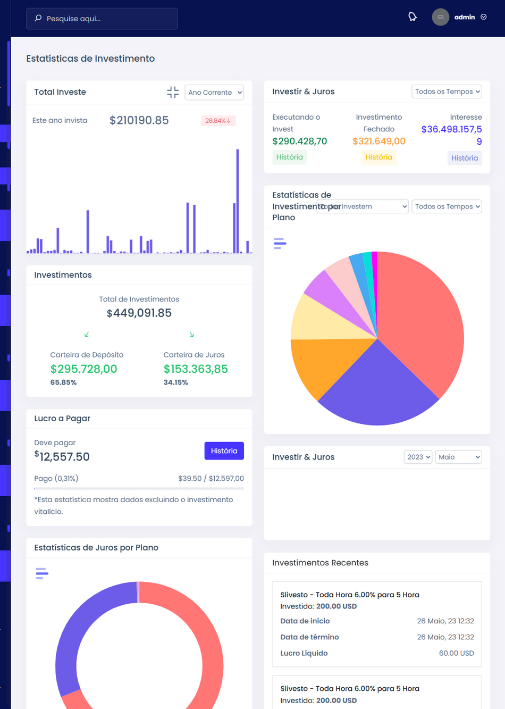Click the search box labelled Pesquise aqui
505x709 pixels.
pyautogui.click(x=102, y=19)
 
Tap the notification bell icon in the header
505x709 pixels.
pyautogui.click(x=413, y=17)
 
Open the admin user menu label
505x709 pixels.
pyautogui.click(x=465, y=17)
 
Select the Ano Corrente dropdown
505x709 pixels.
pyautogui.click(x=214, y=93)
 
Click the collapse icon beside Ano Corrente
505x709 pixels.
pyautogui.click(x=173, y=93)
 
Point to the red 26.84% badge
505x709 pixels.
pyautogui.click(x=218, y=121)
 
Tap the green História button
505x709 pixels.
pyautogui.click(x=289, y=157)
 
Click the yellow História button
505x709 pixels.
pyautogui.click(x=378, y=157)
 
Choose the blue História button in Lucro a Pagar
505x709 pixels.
pyautogui.click(x=224, y=451)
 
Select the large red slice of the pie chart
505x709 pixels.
pyautogui.click(x=420, y=319)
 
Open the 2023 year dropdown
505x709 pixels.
pyautogui.click(x=418, y=457)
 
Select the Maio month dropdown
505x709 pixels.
pyautogui.click(x=458, y=457)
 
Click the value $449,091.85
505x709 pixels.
pyautogui.click(x=139, y=313)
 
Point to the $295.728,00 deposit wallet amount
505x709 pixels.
pyautogui.click(x=83, y=369)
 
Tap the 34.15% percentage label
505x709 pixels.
pyautogui.click(x=175, y=382)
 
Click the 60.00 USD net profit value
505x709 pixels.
pyautogui.click(x=456, y=653)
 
